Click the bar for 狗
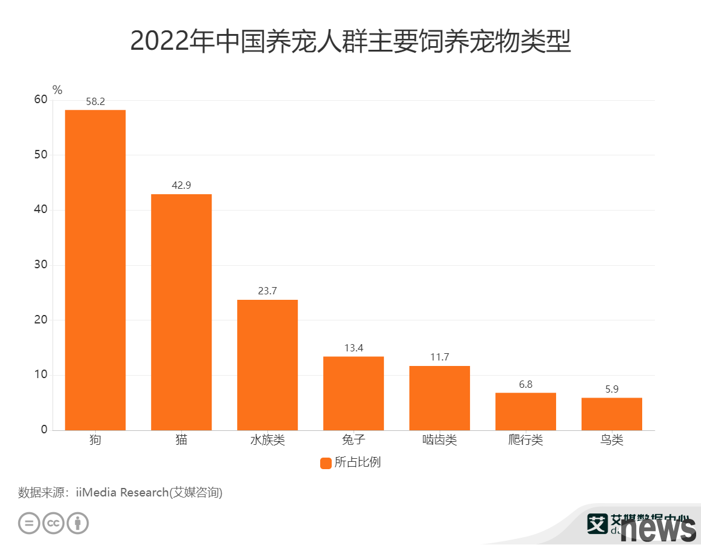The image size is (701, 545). click(95, 270)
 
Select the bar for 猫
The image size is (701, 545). click(181, 312)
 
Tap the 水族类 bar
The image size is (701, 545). click(267, 365)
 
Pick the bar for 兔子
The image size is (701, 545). click(354, 393)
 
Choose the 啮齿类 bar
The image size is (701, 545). click(440, 398)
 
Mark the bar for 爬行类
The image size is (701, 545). click(526, 411)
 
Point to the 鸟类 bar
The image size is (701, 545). click(612, 414)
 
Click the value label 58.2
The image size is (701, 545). click(95, 101)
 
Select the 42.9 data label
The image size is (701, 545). click(181, 186)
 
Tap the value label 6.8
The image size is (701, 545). click(526, 385)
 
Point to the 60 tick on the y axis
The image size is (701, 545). click(41, 100)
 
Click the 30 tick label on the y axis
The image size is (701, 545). click(41, 265)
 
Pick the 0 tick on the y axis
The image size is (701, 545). click(44, 430)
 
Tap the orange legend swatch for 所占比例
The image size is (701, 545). click(326, 463)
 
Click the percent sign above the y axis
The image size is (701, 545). click(58, 90)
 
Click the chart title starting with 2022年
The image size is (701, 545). click(350, 41)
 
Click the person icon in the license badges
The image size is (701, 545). click(78, 523)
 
